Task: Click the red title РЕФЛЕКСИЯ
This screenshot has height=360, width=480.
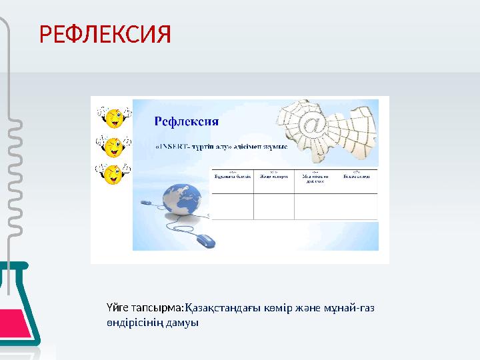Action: pyautogui.click(x=105, y=33)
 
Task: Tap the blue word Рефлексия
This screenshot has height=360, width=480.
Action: pyautogui.click(x=187, y=121)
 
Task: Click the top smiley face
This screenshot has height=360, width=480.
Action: pyautogui.click(x=114, y=119)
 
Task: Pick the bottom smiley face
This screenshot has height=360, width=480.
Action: pyautogui.click(x=114, y=174)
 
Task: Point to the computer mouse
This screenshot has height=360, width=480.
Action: pyautogui.click(x=207, y=240)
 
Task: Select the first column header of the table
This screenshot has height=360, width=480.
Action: pyautogui.click(x=232, y=177)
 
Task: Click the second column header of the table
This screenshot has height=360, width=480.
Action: pyautogui.click(x=273, y=177)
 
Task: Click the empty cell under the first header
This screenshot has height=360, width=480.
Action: pyautogui.click(x=232, y=206)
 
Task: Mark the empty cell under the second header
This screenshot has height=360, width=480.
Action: pyautogui.click(x=273, y=206)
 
